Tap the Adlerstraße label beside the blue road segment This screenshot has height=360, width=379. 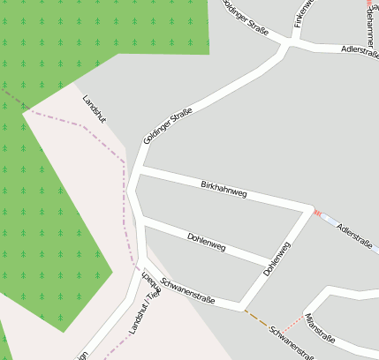click(x=353, y=236)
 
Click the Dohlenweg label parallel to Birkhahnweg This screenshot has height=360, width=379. click(x=207, y=242)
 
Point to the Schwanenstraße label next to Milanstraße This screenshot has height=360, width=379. click(x=292, y=342)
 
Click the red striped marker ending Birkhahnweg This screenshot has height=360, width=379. click(x=316, y=213)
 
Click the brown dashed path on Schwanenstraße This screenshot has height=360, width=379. click(x=255, y=316)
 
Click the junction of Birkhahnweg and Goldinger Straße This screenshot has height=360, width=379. click(x=139, y=167)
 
